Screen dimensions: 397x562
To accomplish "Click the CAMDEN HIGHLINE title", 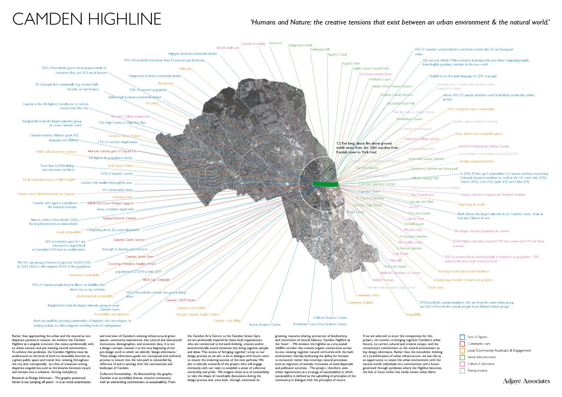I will pos(87,19).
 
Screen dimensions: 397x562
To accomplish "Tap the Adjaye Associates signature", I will pos(526,381).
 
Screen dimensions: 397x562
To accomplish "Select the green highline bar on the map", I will pos(325,184).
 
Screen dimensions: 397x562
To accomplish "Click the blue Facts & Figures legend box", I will pos(462,337).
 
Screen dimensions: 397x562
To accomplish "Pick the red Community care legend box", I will pos(462,344).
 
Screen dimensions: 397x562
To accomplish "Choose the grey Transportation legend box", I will pos(462,371).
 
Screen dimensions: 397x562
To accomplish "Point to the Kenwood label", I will pos(275,43).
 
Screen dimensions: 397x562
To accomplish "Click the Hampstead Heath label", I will pos(300,45).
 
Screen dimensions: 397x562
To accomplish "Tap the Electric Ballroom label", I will pos(227,48).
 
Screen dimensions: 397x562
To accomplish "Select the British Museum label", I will pos(383,280).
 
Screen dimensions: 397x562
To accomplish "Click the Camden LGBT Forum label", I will pos(180,300).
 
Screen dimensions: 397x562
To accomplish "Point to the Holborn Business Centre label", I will pos(330,318).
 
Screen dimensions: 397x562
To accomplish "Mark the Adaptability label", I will pos(413,314).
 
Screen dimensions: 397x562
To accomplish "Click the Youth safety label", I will pos(436,288).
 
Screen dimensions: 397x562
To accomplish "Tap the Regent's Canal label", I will pos(336,54).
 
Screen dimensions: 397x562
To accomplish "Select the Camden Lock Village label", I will pos(227,320).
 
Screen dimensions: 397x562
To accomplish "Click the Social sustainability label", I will pos(69,232).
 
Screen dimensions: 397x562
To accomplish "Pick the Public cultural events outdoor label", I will pos(56,152).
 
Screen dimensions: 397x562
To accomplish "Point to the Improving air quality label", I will pos(472,204).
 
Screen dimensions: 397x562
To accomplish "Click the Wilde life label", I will pos(185,69).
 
